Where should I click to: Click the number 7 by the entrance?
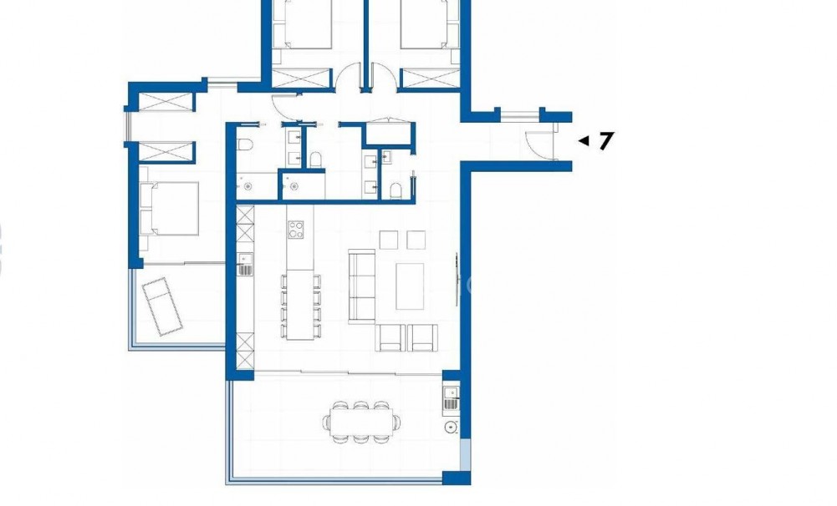606,140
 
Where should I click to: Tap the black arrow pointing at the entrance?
584,140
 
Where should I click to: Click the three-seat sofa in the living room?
361,285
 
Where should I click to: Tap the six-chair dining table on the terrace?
360,421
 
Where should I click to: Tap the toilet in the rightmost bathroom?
396,190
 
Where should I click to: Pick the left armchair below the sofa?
391,336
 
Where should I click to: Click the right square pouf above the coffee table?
416,240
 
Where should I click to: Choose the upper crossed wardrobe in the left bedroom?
164,103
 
